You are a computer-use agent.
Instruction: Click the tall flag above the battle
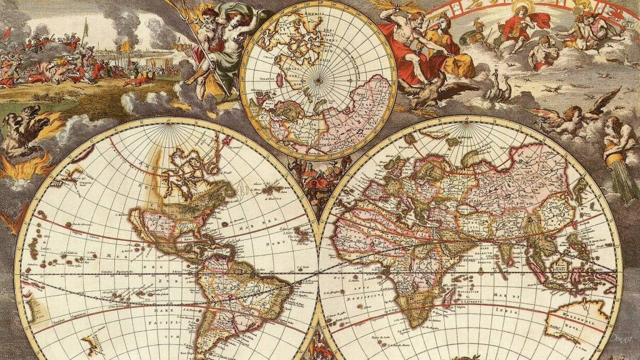tap(86, 28)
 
